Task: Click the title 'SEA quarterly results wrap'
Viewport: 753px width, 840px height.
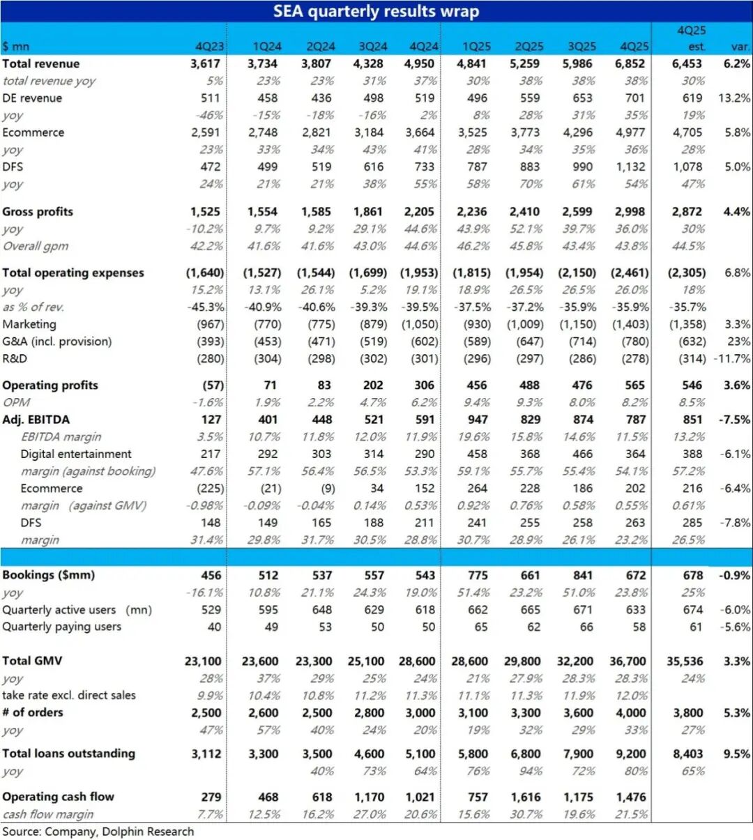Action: [376, 11]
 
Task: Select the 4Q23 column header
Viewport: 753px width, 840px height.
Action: [210, 47]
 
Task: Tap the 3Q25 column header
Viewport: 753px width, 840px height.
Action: [581, 47]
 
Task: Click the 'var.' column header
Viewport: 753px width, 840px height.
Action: [740, 47]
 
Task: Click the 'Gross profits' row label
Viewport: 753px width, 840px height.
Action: [38, 211]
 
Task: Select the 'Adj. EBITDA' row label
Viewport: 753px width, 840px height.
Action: [36, 420]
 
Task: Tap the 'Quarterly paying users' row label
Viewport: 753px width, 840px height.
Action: [61, 627]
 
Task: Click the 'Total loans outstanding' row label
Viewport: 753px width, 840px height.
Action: [68, 754]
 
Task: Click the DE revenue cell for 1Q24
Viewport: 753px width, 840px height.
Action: [267, 98]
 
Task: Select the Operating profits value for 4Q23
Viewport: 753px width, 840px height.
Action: [213, 385]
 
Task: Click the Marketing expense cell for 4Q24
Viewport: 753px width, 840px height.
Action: [420, 324]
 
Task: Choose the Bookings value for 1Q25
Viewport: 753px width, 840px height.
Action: [478, 575]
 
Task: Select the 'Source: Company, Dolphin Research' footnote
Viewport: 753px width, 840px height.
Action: [98, 832]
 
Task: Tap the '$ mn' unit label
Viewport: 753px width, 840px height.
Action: [15, 47]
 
